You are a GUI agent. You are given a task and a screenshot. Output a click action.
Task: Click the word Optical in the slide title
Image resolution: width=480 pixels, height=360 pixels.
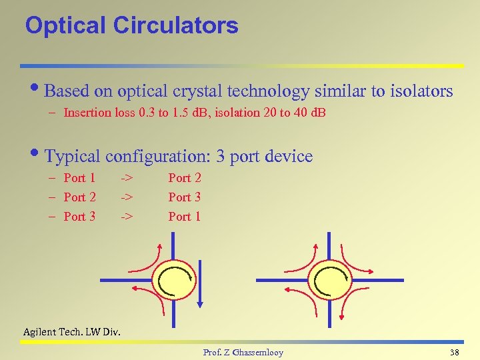tap(65, 25)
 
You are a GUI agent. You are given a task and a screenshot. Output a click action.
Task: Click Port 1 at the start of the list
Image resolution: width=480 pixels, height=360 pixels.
tap(79, 178)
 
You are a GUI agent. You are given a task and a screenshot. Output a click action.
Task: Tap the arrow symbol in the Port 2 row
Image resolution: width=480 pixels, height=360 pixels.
tap(127, 197)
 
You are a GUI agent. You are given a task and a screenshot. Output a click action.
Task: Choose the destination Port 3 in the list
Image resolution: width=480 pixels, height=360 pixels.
tap(184, 197)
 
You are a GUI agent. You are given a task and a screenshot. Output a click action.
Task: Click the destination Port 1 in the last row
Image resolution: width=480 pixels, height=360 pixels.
tap(184, 217)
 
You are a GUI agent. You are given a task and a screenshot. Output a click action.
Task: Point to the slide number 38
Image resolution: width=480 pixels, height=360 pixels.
tap(455, 352)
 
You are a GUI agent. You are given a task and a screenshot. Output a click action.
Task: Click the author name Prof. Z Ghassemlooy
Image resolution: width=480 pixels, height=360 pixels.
tap(243, 352)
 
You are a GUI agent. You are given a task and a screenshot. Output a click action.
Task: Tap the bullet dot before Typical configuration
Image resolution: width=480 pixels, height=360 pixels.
tap(37, 157)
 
